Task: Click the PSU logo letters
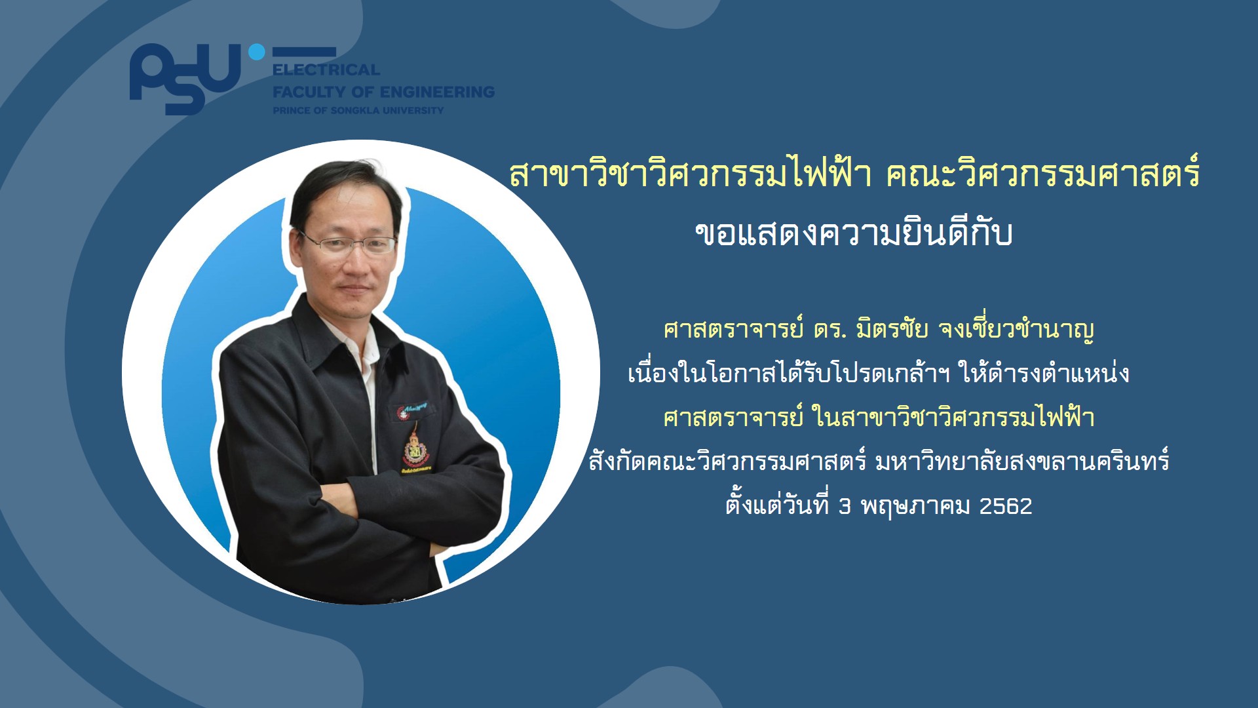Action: pyautogui.click(x=185, y=79)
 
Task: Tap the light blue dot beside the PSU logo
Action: pyautogui.click(x=257, y=52)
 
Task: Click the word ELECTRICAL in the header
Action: pyautogui.click(x=326, y=69)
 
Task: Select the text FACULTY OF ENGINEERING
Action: pyautogui.click(x=383, y=92)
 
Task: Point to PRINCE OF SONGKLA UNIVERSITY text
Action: pyautogui.click(x=358, y=110)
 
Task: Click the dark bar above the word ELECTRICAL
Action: pyautogui.click(x=304, y=52)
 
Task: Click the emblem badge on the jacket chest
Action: pyautogui.click(x=414, y=448)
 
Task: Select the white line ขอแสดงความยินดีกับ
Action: pyautogui.click(x=854, y=233)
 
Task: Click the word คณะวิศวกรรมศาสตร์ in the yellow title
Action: pyautogui.click(x=1042, y=174)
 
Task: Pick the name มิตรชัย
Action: pyautogui.click(x=892, y=328)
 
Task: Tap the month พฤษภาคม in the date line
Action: pyautogui.click(x=915, y=507)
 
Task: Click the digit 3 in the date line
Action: pyautogui.click(x=845, y=506)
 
